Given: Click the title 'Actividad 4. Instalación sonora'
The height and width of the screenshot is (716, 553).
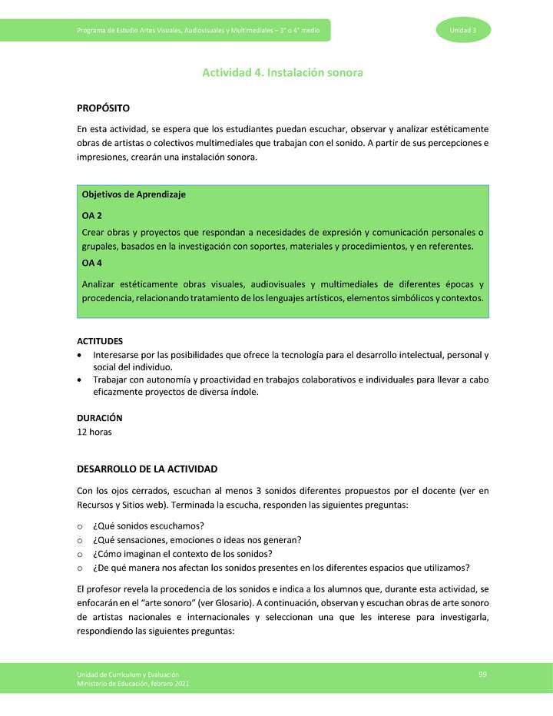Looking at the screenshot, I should click(x=282, y=73).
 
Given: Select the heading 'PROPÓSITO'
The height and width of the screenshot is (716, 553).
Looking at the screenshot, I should click(x=103, y=108).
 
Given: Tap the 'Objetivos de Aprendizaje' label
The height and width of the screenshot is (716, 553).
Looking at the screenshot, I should click(x=133, y=194).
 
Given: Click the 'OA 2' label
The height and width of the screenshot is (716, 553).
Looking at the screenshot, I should click(x=92, y=216).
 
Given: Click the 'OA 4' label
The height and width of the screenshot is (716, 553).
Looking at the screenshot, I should click(x=92, y=263).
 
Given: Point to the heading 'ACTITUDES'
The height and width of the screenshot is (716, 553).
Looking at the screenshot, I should click(x=100, y=341).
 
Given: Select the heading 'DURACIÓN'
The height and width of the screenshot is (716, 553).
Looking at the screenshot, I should click(x=100, y=418).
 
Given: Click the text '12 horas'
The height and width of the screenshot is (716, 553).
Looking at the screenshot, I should click(x=94, y=432).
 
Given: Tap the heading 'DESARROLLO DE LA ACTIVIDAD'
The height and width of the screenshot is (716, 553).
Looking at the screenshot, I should click(x=147, y=469).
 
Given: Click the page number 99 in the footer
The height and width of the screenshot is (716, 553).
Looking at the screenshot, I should click(x=482, y=674).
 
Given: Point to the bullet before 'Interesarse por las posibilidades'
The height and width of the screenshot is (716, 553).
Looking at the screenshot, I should click(x=81, y=356).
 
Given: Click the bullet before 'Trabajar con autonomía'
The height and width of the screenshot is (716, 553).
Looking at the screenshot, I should click(x=81, y=380).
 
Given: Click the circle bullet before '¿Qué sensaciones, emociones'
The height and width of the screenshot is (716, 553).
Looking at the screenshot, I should click(x=80, y=540).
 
